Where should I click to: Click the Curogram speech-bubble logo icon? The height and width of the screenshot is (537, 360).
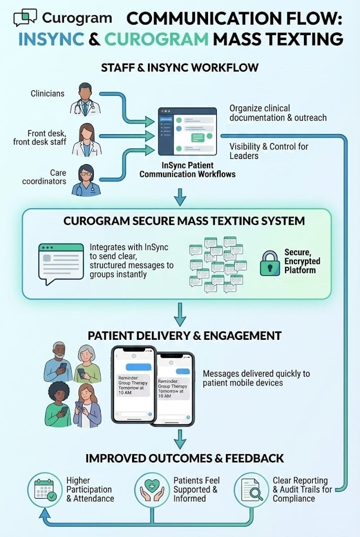pos(26,18)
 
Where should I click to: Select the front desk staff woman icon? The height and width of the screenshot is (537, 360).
pos(86,141)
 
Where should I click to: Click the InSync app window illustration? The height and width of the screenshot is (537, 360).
pos(187,131)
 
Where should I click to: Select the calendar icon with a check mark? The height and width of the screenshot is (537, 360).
pos(44,490)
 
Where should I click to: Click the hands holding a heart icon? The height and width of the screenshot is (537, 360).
pos(151,490)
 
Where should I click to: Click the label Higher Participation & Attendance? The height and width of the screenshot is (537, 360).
pos(90,489)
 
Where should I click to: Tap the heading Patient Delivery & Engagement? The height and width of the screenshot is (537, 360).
pos(184,336)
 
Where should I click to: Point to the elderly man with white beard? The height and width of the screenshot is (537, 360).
pos(58,362)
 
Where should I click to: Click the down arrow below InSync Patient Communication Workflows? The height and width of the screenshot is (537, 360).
pos(180,197)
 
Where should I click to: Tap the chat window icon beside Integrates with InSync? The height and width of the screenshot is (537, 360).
pos(61,262)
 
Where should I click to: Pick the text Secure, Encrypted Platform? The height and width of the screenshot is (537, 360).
pos(302,261)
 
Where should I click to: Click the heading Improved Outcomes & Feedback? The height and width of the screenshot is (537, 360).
pos(184,458)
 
